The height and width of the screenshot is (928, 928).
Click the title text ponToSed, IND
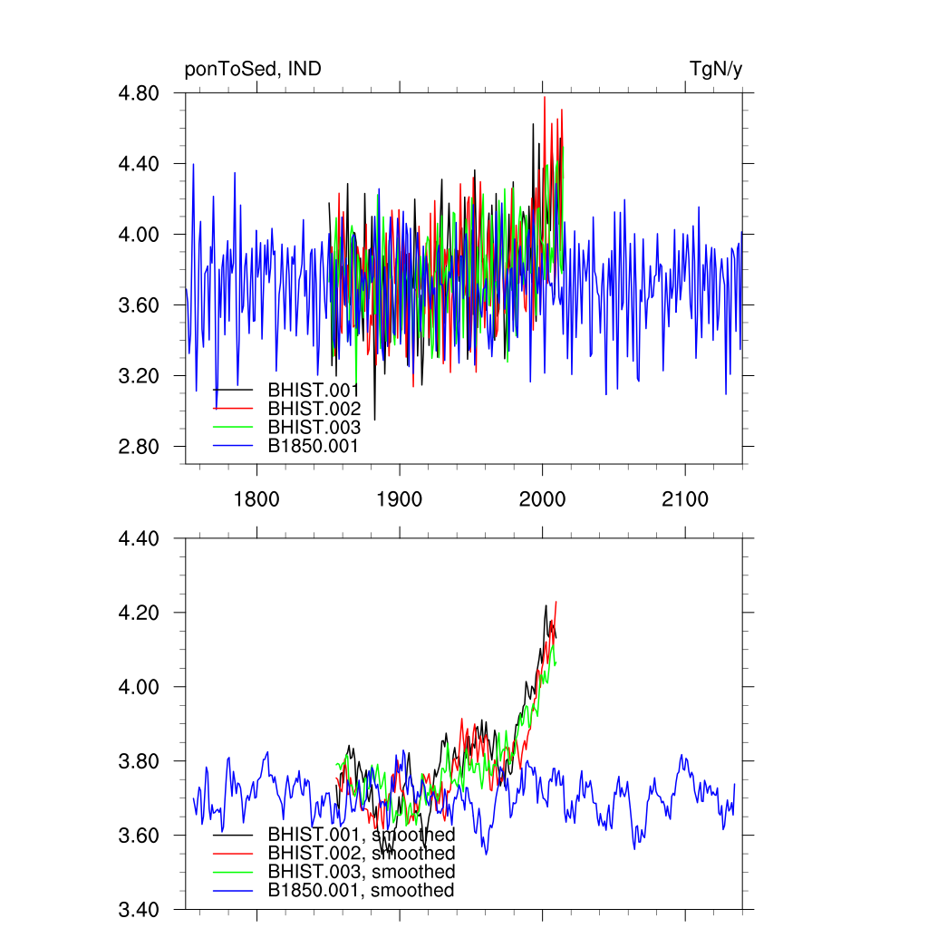pyautogui.click(x=253, y=69)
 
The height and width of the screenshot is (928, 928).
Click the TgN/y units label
pyautogui.click(x=716, y=69)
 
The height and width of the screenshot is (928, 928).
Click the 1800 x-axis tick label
pyautogui.click(x=256, y=500)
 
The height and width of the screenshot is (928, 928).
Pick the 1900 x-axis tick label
pyautogui.click(x=400, y=500)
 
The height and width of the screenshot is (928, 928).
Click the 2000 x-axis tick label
pyautogui.click(x=542, y=500)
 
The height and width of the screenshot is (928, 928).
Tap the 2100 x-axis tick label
pyautogui.click(x=684, y=500)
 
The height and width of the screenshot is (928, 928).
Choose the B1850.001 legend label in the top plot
pyautogui.click(x=314, y=446)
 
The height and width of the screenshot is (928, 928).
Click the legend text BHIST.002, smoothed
pyautogui.click(x=361, y=853)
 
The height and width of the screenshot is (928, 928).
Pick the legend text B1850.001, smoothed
pyautogui.click(x=361, y=891)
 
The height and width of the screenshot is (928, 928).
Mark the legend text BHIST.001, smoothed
pyautogui.click(x=361, y=834)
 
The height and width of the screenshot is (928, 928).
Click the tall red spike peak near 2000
pyautogui.click(x=544, y=98)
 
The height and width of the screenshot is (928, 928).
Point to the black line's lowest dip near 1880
pyautogui.click(x=374, y=419)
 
